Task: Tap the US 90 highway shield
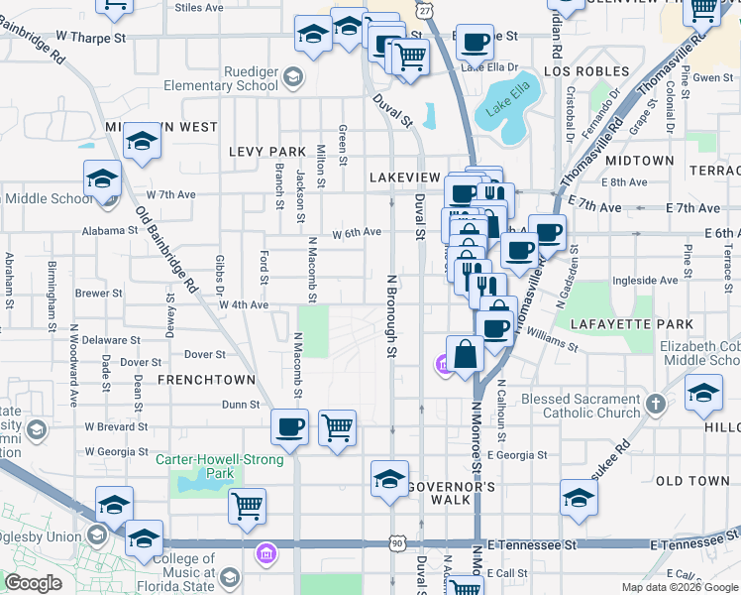[397, 543]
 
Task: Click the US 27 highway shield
[425, 9]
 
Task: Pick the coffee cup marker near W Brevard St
[290, 426]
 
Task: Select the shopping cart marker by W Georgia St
[338, 427]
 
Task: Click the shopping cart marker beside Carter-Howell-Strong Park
[247, 505]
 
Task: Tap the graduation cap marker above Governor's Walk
[389, 478]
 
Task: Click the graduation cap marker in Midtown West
[143, 141]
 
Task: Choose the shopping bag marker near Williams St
[465, 352]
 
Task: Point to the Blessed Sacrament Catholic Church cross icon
[654, 404]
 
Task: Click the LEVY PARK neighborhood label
[266, 152]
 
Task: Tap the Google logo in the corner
[33, 583]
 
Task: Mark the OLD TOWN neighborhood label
[692, 481]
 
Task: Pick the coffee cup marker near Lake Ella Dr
[475, 42]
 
